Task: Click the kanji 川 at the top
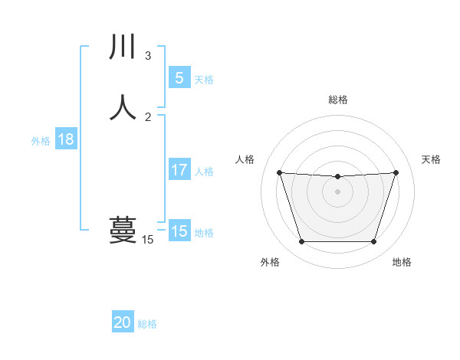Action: (x=123, y=47)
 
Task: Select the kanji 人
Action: (x=123, y=107)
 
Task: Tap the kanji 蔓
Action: (x=123, y=229)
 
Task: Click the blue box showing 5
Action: (x=179, y=78)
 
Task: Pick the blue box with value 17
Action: (x=179, y=170)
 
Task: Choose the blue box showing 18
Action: (x=65, y=139)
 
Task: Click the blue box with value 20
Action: (x=123, y=322)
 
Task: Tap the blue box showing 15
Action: (x=179, y=231)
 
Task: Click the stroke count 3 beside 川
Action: (x=148, y=56)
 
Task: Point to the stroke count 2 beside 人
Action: (x=148, y=116)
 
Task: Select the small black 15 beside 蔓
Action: (x=148, y=240)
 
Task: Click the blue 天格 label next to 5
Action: (x=204, y=80)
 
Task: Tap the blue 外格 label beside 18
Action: (x=41, y=141)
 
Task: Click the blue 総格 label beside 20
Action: (x=147, y=324)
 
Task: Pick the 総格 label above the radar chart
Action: (x=337, y=100)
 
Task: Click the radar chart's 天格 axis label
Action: (x=432, y=159)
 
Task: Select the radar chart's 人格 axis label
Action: (x=245, y=159)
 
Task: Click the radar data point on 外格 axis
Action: (x=301, y=242)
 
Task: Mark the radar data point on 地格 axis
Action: (x=373, y=242)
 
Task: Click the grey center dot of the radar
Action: (x=337, y=191)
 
